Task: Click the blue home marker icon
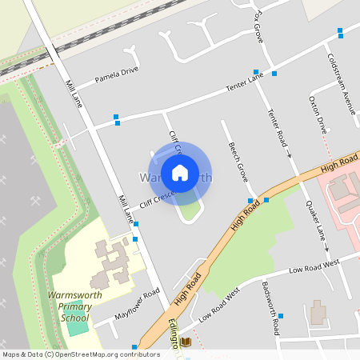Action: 179,172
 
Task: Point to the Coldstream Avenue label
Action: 341,84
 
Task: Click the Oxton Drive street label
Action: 318,114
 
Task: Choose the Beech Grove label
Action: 238,162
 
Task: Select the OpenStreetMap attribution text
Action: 81,354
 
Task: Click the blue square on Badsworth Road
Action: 280,316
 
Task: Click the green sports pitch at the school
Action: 78,326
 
